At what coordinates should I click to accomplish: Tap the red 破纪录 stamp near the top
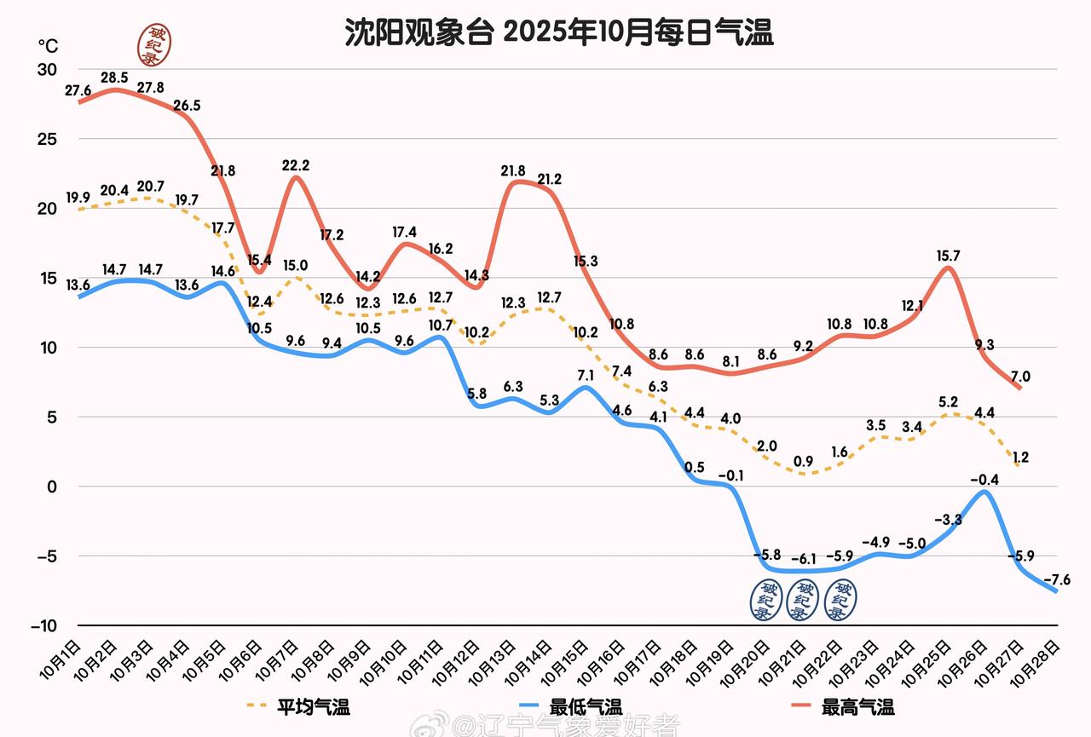pos(155,44)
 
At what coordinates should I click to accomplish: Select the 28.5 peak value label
pos(114,78)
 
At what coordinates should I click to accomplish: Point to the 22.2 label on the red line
pos(296,165)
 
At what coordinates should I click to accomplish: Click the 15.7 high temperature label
pos(948,256)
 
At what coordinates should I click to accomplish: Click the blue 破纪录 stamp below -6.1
pos(802,600)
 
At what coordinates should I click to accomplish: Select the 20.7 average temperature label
pos(150,186)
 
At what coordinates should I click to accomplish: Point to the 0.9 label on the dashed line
pos(802,462)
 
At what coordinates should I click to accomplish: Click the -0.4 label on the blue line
pos(985,480)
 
